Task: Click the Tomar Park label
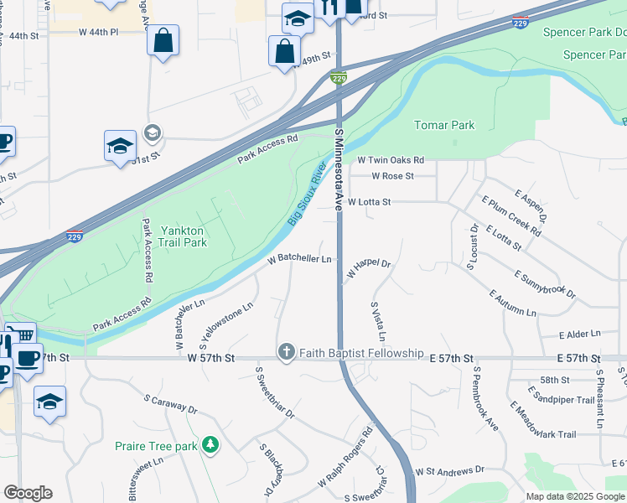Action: tap(444, 126)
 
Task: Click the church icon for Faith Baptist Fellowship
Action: tap(287, 353)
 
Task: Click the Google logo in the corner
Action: tap(28, 493)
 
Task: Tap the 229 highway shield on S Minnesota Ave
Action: tap(339, 77)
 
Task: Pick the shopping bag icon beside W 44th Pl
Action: tap(163, 39)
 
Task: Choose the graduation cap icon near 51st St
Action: tap(120, 145)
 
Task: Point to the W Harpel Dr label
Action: tap(369, 269)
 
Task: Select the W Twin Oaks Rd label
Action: tap(391, 159)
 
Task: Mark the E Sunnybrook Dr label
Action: tap(545, 284)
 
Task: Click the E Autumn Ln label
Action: tap(512, 303)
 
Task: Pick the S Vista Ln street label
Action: tap(377, 322)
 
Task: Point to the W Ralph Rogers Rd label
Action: tap(345, 461)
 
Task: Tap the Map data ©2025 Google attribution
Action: tap(574, 495)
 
